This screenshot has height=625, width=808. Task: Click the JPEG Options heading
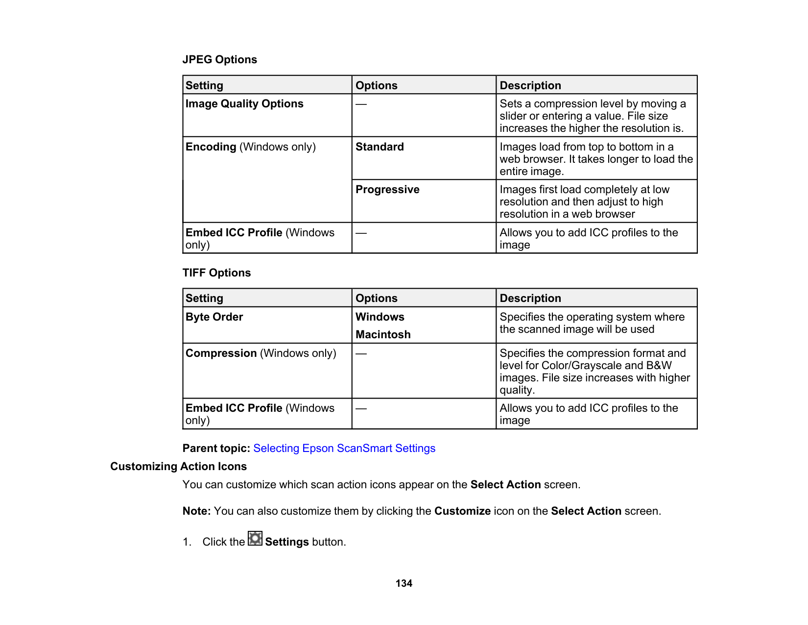[219, 60]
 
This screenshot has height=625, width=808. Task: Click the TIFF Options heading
[216, 273]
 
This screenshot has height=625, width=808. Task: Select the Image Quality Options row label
[244, 104]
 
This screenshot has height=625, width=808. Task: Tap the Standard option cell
[380, 147]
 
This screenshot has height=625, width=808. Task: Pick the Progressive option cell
[387, 190]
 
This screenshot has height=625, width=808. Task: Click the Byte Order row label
[214, 317]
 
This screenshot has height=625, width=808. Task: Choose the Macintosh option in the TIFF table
[383, 335]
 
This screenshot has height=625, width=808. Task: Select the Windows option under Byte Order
[380, 317]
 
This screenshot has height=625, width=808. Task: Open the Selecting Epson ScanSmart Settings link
[344, 449]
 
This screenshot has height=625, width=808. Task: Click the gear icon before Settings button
[255, 539]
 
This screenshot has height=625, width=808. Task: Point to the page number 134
[404, 583]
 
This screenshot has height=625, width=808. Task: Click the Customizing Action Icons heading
[178, 467]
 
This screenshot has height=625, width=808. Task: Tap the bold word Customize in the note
[462, 511]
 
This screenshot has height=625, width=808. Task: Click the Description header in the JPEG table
[530, 86]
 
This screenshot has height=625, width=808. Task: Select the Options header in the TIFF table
[376, 299]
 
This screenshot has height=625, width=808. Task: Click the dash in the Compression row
[361, 353]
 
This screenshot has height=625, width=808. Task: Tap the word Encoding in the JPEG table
[211, 147]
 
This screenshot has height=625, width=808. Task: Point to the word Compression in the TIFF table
[221, 353]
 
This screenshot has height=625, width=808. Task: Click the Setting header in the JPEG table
[204, 86]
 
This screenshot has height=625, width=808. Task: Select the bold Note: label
[196, 511]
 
